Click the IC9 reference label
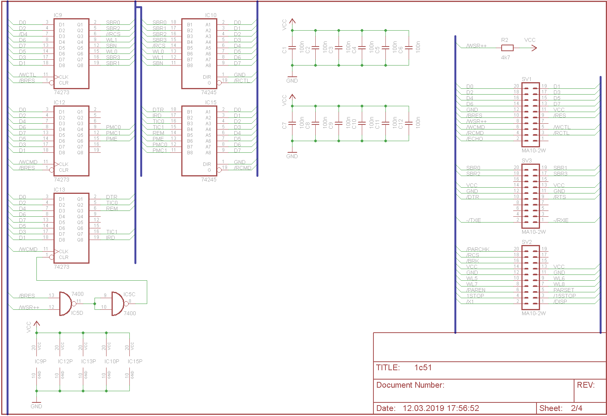(x=58, y=15)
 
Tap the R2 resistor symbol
(x=507, y=48)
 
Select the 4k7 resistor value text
(x=506, y=57)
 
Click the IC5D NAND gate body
(x=65, y=304)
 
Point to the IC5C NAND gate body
(x=118, y=304)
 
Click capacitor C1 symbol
(x=292, y=48)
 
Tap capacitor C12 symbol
(x=408, y=123)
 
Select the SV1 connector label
(x=526, y=79)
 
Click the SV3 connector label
(x=526, y=161)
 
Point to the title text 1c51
(x=423, y=368)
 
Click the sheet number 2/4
(x=576, y=408)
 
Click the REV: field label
(x=586, y=385)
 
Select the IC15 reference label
(x=211, y=102)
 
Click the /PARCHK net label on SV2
(x=478, y=249)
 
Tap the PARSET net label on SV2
(x=564, y=290)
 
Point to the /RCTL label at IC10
(x=242, y=81)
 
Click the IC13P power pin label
(x=88, y=361)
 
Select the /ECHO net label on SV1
(x=475, y=139)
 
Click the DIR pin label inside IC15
(x=207, y=164)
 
